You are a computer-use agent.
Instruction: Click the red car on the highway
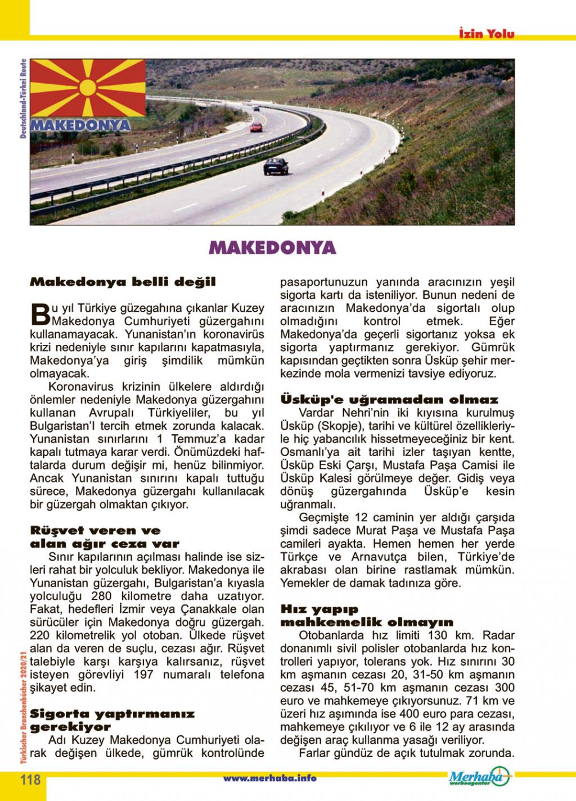(256, 126)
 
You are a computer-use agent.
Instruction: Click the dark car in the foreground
(276, 165)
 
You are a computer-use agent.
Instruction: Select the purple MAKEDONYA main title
(272, 248)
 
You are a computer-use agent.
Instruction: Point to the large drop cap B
(39, 315)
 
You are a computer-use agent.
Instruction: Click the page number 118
(30, 779)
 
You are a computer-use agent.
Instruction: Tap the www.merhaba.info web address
(270, 779)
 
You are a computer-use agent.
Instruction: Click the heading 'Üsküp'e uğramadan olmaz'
(389, 400)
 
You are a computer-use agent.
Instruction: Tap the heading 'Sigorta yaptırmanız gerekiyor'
(112, 720)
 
